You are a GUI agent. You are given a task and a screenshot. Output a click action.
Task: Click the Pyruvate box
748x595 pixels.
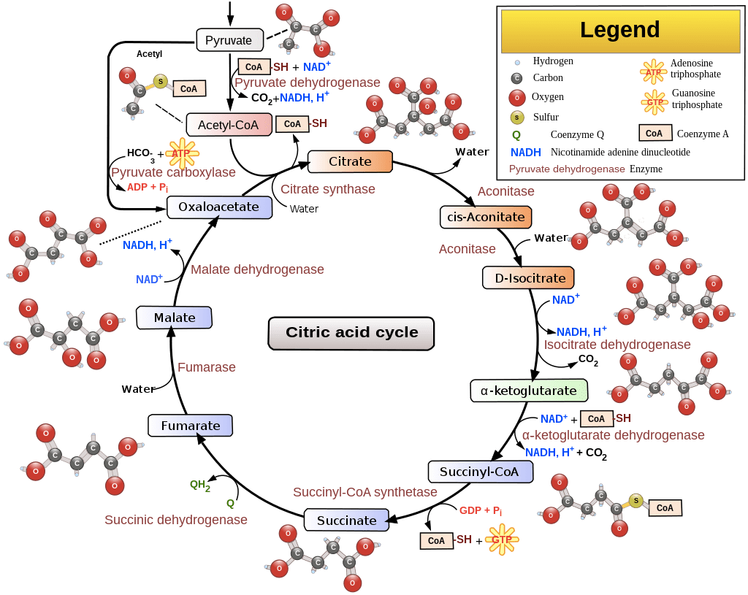[229, 40]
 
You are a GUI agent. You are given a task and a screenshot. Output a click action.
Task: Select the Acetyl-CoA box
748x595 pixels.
[229, 125]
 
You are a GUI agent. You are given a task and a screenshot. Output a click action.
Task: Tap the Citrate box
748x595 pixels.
[350, 161]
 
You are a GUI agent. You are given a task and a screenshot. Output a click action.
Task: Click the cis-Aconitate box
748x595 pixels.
[486, 217]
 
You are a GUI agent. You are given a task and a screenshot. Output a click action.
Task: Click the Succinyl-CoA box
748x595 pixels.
[479, 472]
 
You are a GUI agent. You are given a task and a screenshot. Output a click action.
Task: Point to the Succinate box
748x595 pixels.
[347, 521]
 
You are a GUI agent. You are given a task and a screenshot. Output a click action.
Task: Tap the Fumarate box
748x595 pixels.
[190, 426]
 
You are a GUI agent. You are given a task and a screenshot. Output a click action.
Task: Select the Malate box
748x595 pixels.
[175, 318]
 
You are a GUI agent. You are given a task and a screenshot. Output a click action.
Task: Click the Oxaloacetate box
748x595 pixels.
[219, 207]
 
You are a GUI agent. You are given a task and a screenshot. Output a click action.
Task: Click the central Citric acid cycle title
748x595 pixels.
[351, 333]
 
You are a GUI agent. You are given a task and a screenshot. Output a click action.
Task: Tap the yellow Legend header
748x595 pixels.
[619, 30]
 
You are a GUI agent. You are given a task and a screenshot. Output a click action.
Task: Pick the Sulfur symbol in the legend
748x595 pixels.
[517, 117]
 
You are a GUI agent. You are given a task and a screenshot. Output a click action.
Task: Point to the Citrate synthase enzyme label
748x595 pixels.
[328, 189]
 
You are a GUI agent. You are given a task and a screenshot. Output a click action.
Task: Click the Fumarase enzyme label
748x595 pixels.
[207, 368]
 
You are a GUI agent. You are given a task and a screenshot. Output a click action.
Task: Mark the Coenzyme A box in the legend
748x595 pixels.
[654, 134]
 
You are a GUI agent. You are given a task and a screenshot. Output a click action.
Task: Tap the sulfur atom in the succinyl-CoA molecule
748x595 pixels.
[636, 500]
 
